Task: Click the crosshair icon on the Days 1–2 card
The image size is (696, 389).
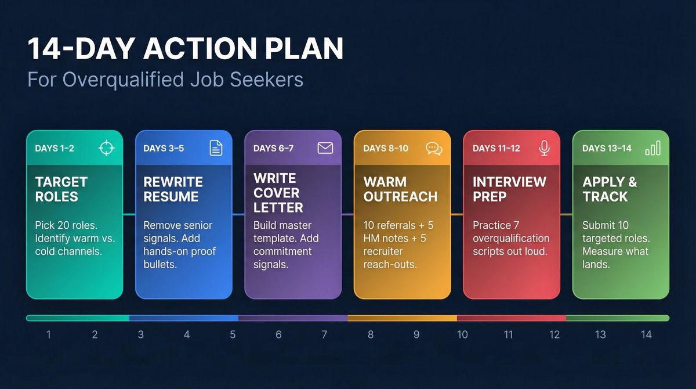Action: [106, 148]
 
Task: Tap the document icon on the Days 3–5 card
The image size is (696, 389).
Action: [216, 148]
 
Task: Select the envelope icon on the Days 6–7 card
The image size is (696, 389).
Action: [325, 148]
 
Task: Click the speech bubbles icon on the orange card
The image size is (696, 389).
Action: [434, 149]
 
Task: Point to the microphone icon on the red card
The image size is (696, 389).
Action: [544, 148]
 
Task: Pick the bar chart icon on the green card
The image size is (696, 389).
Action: [652, 149]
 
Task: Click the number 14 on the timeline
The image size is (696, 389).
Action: [646, 334]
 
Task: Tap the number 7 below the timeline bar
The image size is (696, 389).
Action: [324, 334]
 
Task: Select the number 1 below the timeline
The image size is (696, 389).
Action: [49, 334]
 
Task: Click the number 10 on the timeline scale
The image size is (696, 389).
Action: [462, 334]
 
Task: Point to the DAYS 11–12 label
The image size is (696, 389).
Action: [495, 149]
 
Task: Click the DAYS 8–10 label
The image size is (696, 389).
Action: [386, 149]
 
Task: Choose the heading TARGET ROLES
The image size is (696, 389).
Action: [61, 189]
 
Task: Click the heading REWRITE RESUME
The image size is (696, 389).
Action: [173, 189]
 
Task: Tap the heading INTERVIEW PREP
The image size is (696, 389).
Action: [509, 189]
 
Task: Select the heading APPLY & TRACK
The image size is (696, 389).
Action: [610, 189]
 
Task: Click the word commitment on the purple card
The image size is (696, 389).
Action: [282, 251]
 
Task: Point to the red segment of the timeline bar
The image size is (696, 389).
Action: [511, 318]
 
